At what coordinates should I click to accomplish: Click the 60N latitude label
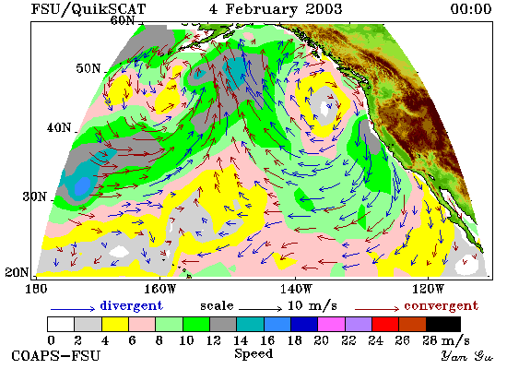(123, 20)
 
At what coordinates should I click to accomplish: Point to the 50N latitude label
(88, 68)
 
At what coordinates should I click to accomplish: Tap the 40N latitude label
(59, 128)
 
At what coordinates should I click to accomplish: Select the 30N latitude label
(34, 196)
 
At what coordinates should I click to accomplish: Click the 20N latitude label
(17, 272)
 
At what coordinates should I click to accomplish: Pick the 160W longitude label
(159, 289)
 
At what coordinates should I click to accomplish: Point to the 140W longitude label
(295, 289)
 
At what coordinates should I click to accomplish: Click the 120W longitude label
(428, 289)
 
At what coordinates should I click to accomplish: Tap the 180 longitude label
(36, 289)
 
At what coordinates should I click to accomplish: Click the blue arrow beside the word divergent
(73, 309)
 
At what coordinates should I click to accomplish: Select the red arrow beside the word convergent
(377, 309)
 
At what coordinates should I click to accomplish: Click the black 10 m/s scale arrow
(261, 309)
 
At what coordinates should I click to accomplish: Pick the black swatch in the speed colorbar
(443, 325)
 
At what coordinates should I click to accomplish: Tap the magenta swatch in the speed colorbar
(331, 325)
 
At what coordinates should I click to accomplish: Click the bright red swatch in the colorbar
(385, 325)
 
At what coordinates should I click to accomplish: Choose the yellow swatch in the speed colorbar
(115, 325)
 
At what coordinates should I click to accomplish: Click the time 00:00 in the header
(471, 8)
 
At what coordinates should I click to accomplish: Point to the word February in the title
(262, 9)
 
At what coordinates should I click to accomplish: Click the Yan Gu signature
(467, 356)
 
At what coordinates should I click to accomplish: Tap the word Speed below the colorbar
(253, 353)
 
